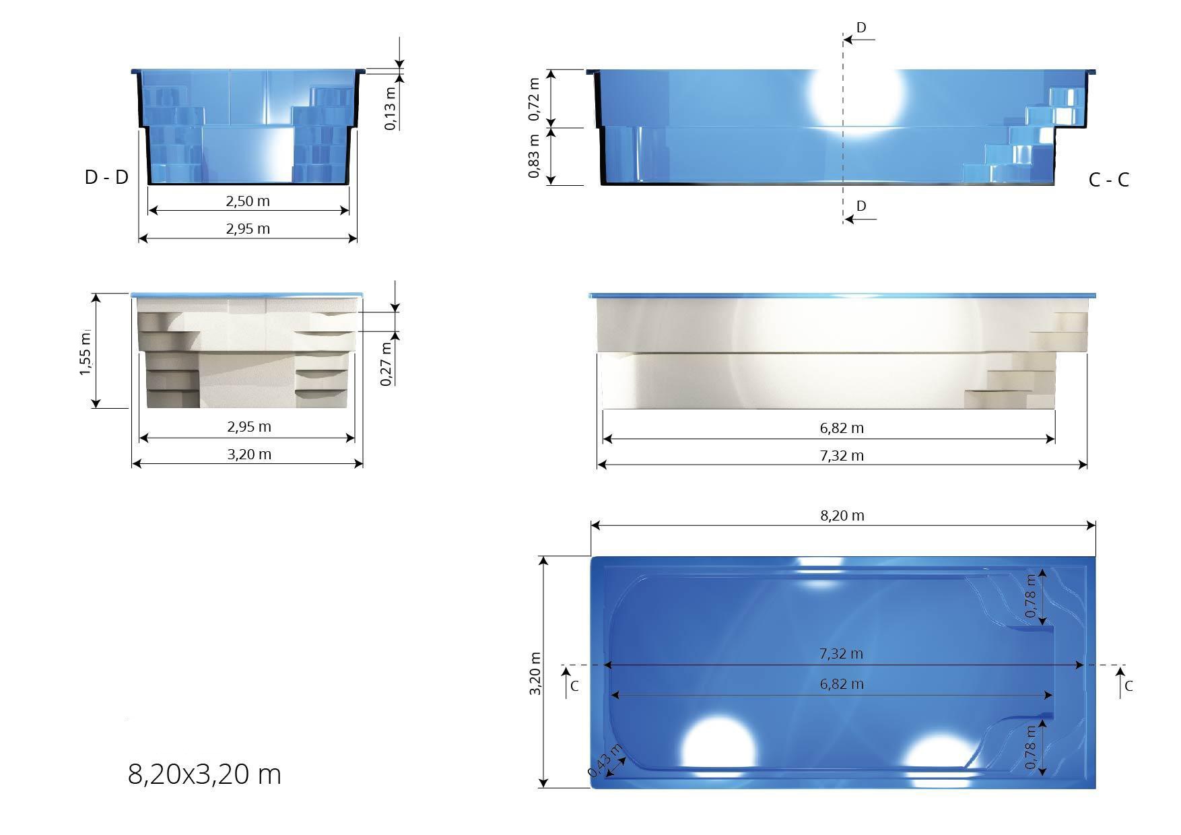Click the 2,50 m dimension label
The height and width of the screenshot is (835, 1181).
point(248,201)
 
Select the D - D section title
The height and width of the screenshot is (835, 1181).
point(106,177)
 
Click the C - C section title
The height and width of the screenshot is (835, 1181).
point(1108,180)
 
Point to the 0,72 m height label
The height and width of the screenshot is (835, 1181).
point(534,99)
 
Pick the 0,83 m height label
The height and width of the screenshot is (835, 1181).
point(534,156)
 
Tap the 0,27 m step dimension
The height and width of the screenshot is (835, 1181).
point(386,364)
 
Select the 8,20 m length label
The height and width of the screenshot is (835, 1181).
point(842,516)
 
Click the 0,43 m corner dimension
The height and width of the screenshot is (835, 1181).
point(605,761)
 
